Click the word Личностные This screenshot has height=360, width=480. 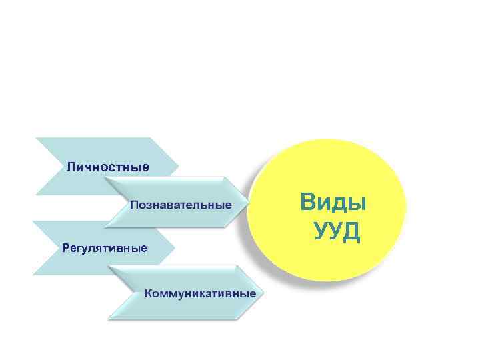click(107, 166)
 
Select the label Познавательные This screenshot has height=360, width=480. click(181, 204)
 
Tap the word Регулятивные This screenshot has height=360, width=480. click(104, 248)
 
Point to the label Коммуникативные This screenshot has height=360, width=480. click(200, 293)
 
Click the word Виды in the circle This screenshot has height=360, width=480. click(333, 201)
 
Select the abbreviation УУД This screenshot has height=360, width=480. click(337, 231)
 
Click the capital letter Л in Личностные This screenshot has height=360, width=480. click(70, 166)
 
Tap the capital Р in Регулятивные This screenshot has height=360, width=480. click(65, 248)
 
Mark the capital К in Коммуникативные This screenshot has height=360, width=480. click(149, 293)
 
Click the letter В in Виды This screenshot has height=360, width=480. click(309, 201)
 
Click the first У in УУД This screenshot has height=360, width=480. click(321, 231)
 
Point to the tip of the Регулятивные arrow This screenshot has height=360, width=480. click(175, 247)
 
